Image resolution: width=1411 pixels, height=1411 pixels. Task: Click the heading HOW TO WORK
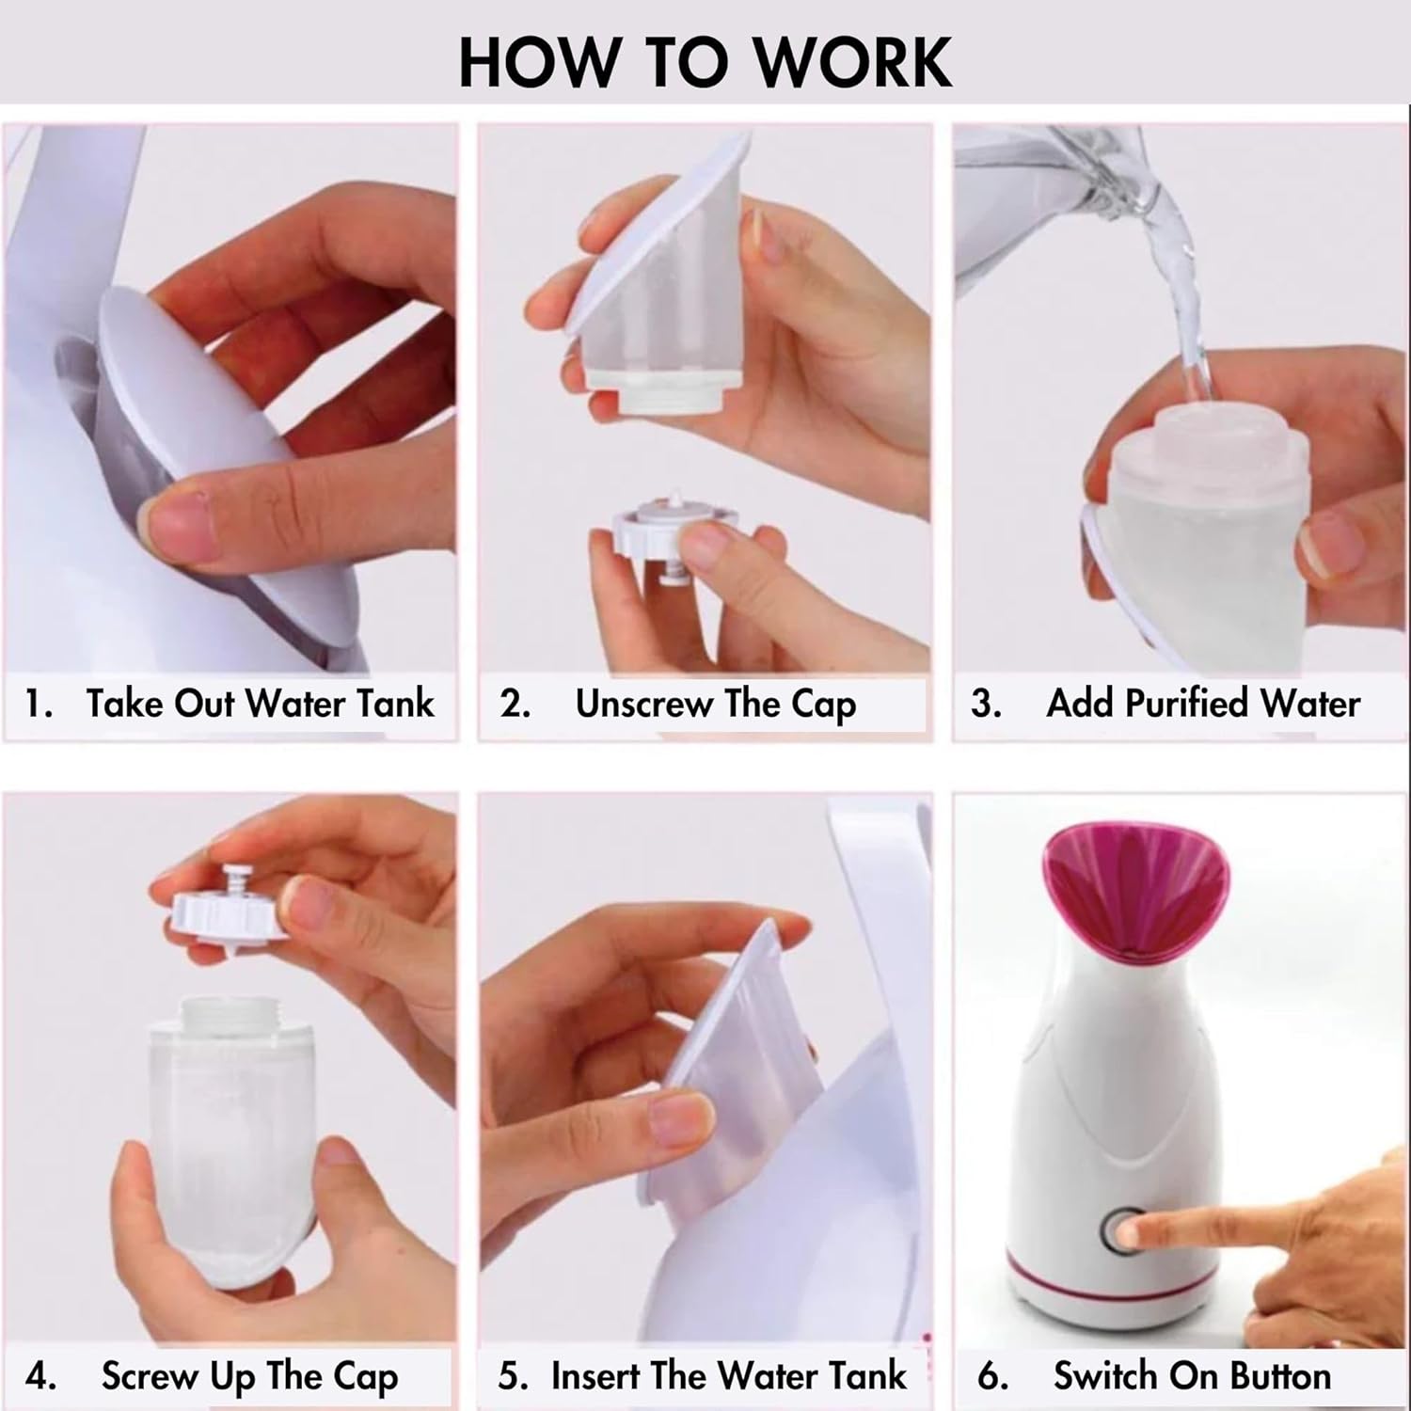705,61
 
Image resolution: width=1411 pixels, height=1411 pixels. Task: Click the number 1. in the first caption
38,704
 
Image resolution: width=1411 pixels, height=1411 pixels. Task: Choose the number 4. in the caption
40,1376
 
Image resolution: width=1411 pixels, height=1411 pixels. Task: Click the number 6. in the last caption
992,1376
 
